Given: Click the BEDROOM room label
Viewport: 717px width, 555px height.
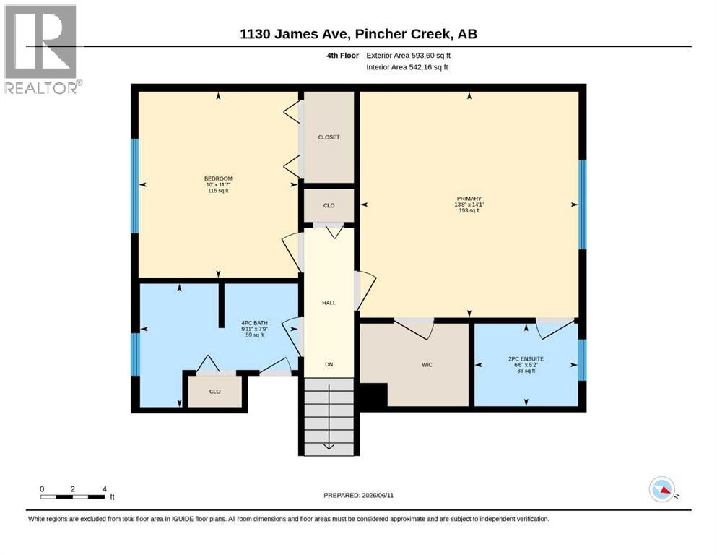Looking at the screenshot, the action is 218,178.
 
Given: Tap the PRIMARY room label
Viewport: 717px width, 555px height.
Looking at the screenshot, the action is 469,199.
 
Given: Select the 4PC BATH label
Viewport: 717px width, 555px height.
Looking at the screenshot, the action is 255,323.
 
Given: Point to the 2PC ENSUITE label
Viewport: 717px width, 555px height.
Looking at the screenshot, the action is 526,359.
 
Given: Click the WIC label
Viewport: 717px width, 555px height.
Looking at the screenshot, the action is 427,365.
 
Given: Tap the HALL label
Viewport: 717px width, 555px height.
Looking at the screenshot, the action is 329,303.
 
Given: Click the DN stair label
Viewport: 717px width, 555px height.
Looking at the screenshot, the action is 329,365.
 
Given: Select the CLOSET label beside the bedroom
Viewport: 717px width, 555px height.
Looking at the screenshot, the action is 329,137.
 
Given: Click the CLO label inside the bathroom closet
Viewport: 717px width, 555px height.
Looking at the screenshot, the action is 215,392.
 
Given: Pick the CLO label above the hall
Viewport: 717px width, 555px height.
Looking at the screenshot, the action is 329,205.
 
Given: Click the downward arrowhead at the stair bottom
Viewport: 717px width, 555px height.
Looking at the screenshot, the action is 329,446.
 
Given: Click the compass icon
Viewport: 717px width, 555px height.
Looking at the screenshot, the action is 662,489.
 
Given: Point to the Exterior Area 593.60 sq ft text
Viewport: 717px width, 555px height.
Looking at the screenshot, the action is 409,56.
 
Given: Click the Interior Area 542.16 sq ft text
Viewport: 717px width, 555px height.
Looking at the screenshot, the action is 407,67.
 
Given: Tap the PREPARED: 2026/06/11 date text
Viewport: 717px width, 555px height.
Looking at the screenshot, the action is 358,495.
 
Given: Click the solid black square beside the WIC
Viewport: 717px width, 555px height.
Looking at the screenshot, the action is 373,395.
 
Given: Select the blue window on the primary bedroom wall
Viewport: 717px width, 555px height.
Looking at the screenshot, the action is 583,205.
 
